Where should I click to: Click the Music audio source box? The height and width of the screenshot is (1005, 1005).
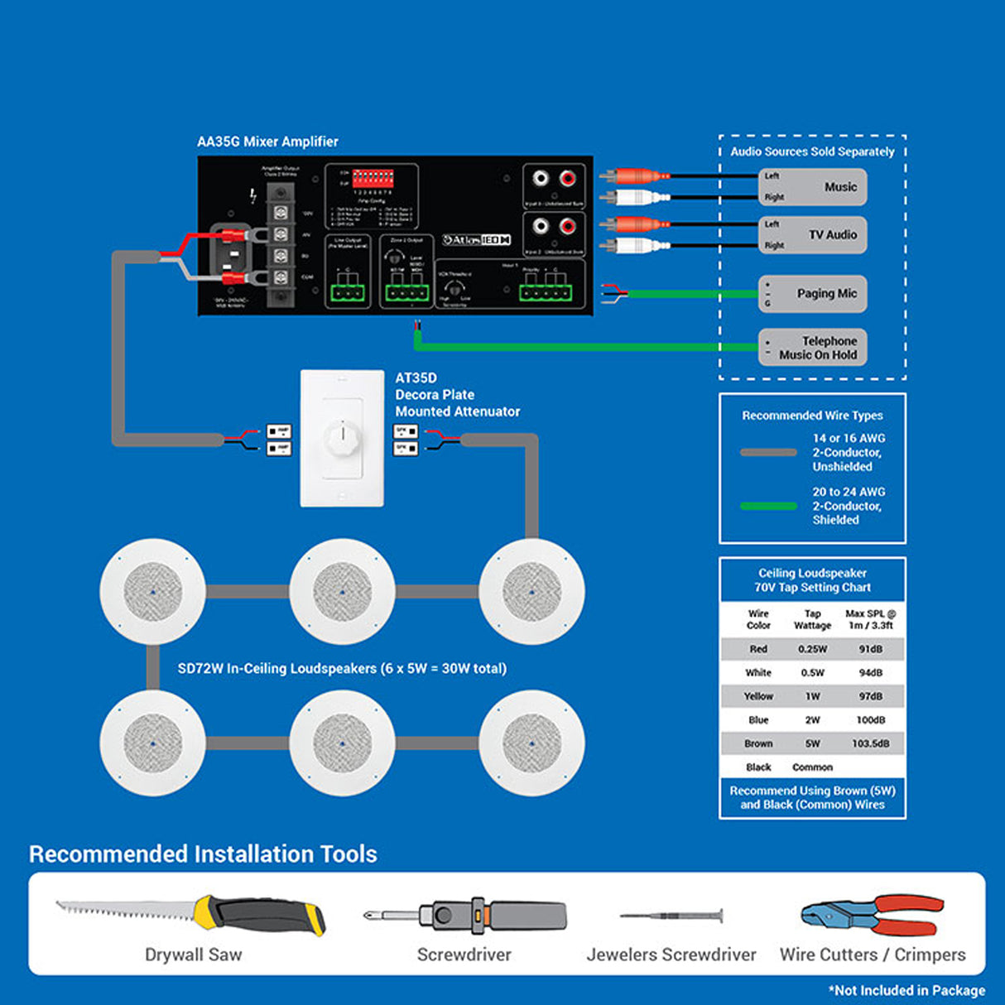[x=812, y=187]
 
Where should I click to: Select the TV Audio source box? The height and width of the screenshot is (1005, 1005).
[x=812, y=235]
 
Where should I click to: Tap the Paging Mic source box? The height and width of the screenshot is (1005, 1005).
[x=812, y=294]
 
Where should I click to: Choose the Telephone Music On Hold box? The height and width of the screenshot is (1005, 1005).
[x=812, y=348]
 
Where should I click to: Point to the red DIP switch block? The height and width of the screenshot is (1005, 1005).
[x=373, y=178]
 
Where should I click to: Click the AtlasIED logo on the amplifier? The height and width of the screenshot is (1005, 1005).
[x=476, y=240]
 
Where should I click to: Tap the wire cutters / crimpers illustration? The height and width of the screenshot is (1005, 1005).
[x=873, y=915]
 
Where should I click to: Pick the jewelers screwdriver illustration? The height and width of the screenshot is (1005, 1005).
[x=671, y=916]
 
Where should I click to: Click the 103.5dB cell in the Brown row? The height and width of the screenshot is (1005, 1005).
[x=870, y=743]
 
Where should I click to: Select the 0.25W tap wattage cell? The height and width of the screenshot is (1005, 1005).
[x=812, y=649]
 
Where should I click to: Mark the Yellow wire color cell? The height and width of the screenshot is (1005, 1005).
[x=758, y=696]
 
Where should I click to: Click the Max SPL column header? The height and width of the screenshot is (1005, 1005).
[x=870, y=619]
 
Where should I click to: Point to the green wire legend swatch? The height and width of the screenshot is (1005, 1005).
[x=768, y=506]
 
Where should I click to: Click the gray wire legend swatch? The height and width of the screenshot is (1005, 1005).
[x=768, y=453]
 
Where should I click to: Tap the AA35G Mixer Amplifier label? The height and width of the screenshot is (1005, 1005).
[x=267, y=142]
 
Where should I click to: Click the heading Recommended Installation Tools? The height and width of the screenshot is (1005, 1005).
[x=203, y=854]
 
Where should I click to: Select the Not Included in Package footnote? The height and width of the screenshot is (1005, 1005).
[x=906, y=990]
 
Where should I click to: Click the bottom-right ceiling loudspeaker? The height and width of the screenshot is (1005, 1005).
[x=531, y=743]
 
